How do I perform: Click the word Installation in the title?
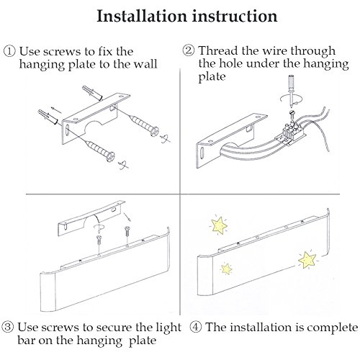point(142,16)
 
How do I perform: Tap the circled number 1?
point(9,52)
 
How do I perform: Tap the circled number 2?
point(188,50)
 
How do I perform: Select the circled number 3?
point(8,328)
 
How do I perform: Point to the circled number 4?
point(196,327)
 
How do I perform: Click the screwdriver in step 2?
point(291,91)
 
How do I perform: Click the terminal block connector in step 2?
point(292,132)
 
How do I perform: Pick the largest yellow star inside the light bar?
point(307,260)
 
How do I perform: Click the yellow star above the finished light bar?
point(219,225)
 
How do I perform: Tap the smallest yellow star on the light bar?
point(226,269)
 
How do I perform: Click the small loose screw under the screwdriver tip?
point(293,113)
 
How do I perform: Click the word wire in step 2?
point(274,51)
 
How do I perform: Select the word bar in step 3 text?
point(26,341)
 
